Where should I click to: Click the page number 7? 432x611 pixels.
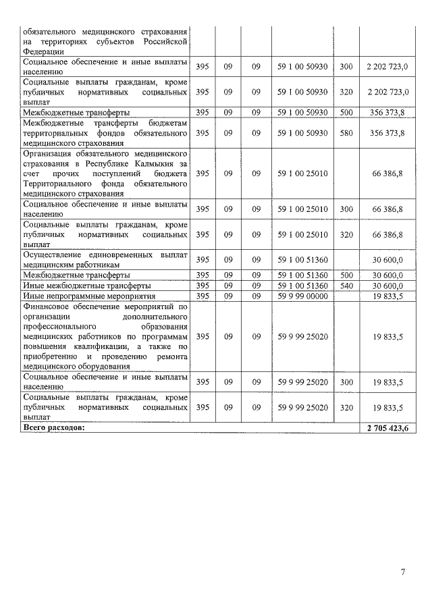(x=402, y=573)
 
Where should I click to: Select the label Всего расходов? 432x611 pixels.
(x=55, y=428)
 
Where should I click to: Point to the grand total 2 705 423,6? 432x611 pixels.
(x=388, y=428)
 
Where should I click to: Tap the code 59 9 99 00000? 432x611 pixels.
(x=302, y=296)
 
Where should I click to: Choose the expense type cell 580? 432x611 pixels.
(x=346, y=134)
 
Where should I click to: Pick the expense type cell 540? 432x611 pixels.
(x=346, y=286)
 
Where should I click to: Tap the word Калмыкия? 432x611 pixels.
(x=161, y=164)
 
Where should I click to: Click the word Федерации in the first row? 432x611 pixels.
(x=44, y=51)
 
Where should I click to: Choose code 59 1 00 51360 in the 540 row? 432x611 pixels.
(x=302, y=286)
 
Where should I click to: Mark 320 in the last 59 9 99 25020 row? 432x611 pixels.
(x=346, y=408)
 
